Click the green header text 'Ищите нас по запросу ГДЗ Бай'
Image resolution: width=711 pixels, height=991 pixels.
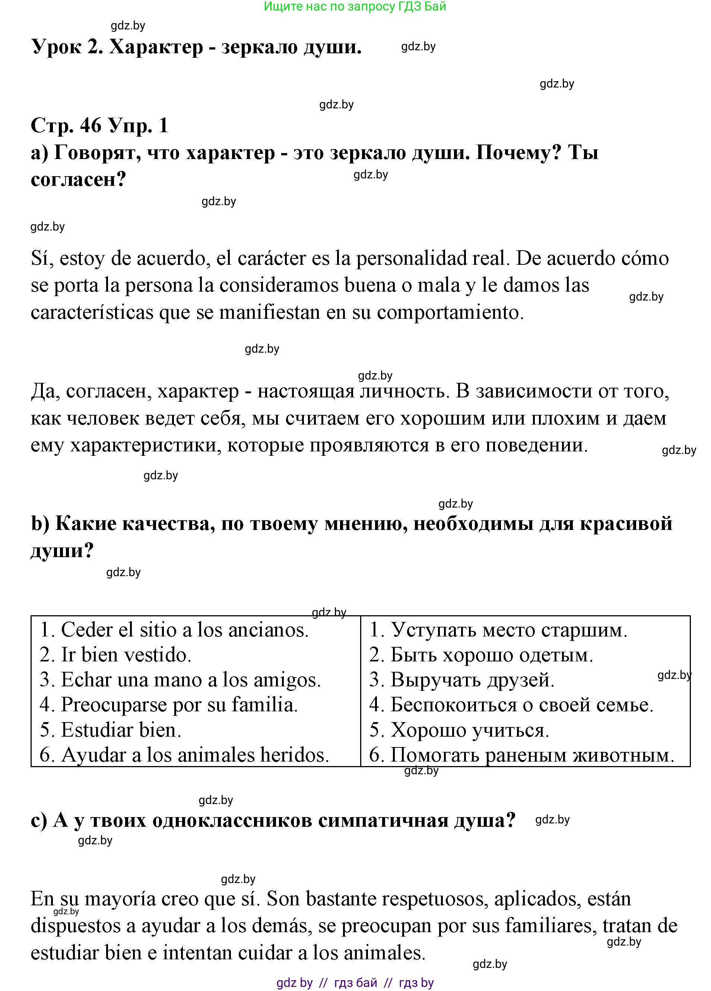coord(355,7)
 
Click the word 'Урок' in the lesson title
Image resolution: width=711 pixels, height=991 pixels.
coord(56,47)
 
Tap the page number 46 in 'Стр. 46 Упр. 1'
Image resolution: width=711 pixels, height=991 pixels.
coord(91,126)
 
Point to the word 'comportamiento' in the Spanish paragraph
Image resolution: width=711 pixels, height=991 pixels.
coord(450,313)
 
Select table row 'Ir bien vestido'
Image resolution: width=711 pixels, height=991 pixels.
coord(116,655)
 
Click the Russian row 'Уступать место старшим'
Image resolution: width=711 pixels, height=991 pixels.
coord(498,630)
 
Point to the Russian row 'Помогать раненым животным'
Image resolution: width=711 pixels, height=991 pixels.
coord(522,755)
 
